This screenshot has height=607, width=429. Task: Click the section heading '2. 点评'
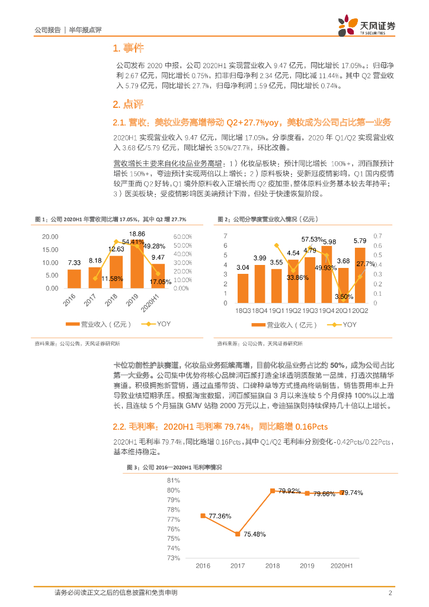tap(127, 104)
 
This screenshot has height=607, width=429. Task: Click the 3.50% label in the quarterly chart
tap(343, 296)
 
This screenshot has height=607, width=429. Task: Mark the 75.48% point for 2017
tap(238, 534)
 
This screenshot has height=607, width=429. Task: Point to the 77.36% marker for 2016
tap(203, 516)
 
